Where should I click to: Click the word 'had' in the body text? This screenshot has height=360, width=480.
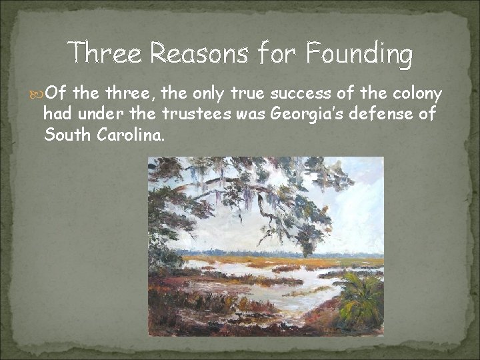tap(55, 114)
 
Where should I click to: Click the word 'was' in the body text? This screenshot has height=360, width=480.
tap(251, 114)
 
